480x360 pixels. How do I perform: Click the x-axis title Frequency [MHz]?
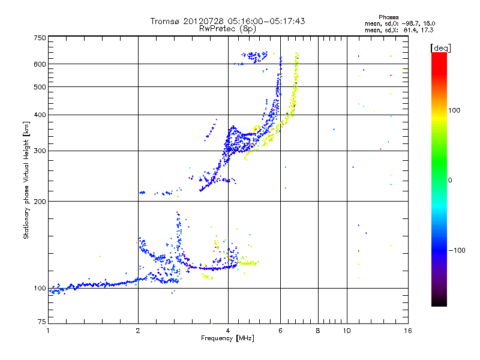[227, 338]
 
